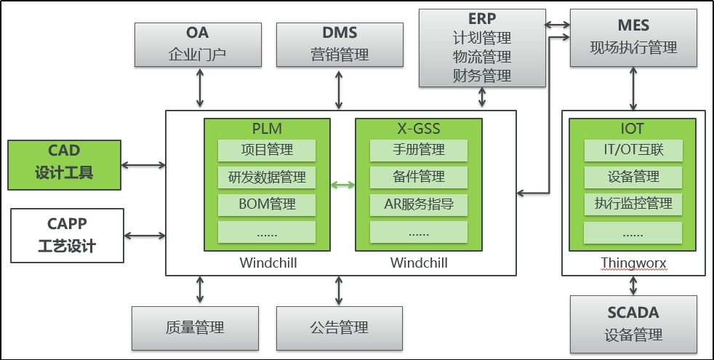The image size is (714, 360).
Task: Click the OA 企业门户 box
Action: (x=198, y=44)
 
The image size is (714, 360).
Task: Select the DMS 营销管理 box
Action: (x=340, y=44)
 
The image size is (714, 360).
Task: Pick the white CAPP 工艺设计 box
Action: (x=66, y=235)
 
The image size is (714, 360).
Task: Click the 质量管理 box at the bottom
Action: (x=194, y=327)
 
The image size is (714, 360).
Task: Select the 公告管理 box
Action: (x=339, y=327)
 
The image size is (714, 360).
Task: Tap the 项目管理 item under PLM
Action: (x=266, y=151)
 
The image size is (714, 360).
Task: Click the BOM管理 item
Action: (x=266, y=204)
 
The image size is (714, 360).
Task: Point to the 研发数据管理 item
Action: (x=266, y=177)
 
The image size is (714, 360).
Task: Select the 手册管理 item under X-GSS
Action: (x=418, y=151)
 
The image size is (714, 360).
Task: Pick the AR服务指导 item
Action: (x=418, y=204)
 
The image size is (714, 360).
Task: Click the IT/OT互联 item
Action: (x=633, y=151)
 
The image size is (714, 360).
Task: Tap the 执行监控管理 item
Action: (x=633, y=204)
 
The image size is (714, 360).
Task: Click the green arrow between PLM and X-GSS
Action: (x=342, y=185)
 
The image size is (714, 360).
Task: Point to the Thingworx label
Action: (x=633, y=263)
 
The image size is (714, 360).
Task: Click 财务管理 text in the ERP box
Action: (x=481, y=75)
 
